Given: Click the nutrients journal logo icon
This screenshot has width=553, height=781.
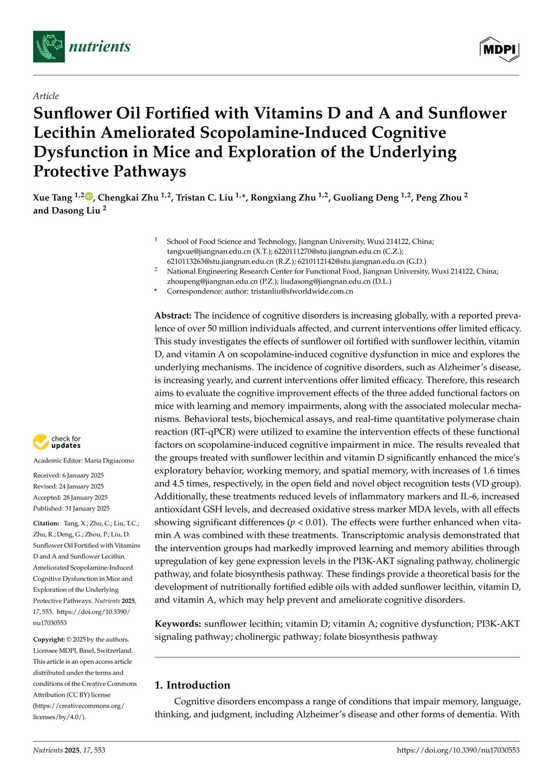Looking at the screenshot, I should coord(49,46).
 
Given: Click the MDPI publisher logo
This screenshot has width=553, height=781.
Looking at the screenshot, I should coord(499,49).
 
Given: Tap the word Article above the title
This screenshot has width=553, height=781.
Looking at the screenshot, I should coord(46,96).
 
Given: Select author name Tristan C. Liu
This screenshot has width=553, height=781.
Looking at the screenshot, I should coord(204,198).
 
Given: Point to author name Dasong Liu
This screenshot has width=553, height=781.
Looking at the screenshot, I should coord(75,210).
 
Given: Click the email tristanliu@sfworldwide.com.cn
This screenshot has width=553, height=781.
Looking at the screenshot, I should coord(302,291).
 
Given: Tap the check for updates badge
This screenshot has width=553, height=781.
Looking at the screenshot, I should coord(57,442).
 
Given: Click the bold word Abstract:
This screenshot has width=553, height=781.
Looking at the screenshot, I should coord(173,315).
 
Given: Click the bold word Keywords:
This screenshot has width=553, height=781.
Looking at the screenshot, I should coord(178,624).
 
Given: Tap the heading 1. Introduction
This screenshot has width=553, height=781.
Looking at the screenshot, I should coord(192,685).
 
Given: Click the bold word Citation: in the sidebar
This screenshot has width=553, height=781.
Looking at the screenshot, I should coord(46,523).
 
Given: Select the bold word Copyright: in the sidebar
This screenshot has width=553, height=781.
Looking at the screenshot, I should coord(49,639).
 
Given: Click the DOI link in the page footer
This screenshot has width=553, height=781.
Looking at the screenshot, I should coord(458,750).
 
